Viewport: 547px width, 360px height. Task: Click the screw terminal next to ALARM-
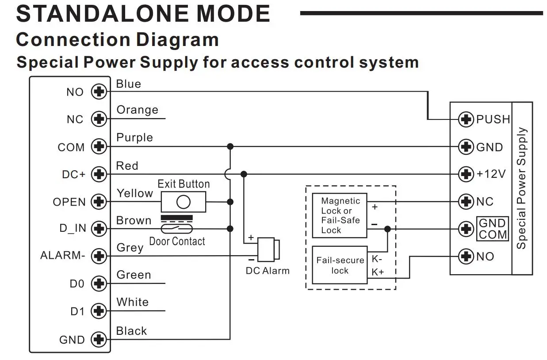[99, 256]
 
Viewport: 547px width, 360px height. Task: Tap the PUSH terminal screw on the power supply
[466, 119]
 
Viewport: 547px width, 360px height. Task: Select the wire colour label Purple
[134, 138]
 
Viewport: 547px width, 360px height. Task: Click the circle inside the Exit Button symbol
[183, 202]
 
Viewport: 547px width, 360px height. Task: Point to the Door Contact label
[177, 241]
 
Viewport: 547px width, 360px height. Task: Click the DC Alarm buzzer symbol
[268, 249]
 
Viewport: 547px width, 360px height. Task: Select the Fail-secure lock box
[340, 265]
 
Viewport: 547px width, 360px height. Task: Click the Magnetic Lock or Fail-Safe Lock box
[340, 215]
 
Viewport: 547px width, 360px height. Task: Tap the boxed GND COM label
[493, 229]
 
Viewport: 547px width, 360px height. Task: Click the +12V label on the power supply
[491, 174]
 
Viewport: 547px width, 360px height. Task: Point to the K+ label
[378, 272]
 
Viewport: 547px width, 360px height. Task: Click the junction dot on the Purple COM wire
[230, 146]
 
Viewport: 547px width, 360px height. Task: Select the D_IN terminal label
[73, 228]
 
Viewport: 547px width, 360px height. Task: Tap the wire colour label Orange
[138, 110]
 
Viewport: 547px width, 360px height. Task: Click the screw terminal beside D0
[99, 283]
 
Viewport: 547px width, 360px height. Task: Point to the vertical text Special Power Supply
[522, 188]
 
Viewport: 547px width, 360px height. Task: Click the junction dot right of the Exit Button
[230, 202]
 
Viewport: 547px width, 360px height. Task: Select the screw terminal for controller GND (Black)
[99, 339]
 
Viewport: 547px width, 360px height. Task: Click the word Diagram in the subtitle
[177, 40]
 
